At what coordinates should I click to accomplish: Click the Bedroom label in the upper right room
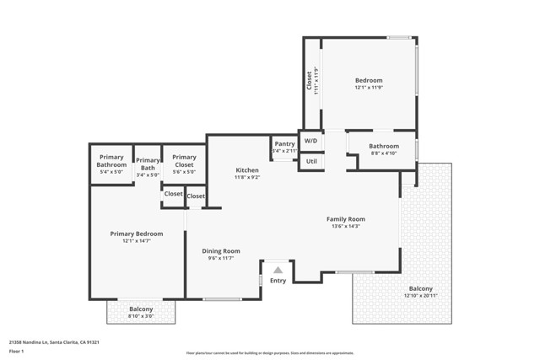[368, 81]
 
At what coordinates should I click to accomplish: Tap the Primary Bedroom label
[136, 234]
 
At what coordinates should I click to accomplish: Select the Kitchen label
[247, 170]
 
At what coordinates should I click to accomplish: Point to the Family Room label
[346, 219]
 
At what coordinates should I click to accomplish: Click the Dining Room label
[221, 250]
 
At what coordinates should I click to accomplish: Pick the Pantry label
[284, 144]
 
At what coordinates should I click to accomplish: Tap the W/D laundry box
[310, 140]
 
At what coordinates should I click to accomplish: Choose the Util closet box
[310, 160]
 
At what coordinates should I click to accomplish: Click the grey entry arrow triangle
[278, 270]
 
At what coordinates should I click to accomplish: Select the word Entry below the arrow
[278, 281]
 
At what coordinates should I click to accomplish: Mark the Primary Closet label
[184, 158]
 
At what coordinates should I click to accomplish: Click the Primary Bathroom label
[111, 161]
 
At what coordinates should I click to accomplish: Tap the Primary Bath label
[148, 164]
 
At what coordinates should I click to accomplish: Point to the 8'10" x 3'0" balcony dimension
[141, 316]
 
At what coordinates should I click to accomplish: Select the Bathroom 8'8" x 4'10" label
[384, 149]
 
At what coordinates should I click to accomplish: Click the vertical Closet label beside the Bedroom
[309, 81]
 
